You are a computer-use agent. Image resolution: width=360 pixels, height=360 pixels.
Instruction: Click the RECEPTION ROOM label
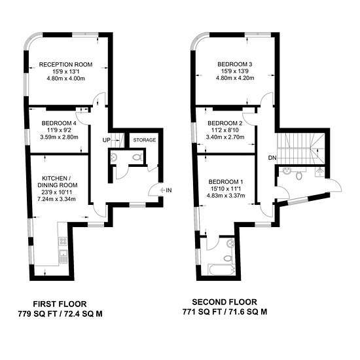click(65, 65)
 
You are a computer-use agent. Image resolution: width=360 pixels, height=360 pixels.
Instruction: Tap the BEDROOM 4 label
click(59, 123)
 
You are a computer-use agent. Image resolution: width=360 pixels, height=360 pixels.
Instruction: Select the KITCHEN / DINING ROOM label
click(57, 181)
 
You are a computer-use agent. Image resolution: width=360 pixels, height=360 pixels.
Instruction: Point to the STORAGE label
click(145, 140)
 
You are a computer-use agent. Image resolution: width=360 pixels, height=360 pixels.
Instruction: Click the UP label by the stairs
click(107, 140)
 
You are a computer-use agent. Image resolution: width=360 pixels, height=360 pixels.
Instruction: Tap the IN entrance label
click(169, 190)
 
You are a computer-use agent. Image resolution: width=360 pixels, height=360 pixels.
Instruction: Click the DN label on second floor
click(272, 158)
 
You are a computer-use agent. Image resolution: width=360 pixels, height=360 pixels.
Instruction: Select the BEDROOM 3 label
click(234, 64)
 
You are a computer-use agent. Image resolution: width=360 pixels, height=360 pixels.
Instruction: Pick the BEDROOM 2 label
click(225, 123)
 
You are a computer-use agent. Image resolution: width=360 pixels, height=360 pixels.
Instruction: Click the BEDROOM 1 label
click(226, 182)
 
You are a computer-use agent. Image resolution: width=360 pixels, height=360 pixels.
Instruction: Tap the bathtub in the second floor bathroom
click(221, 270)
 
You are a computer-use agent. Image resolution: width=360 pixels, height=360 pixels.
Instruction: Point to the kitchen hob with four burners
click(63, 241)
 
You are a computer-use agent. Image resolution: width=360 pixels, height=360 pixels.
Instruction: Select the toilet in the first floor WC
click(137, 157)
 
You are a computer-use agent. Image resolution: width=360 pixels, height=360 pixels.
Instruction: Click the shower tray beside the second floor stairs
click(319, 171)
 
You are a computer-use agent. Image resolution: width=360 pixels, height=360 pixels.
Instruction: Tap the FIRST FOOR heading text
click(60, 304)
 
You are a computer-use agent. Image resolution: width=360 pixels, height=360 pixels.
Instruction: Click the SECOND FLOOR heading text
click(225, 302)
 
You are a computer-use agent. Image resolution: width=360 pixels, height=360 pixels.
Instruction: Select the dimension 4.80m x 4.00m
click(65, 79)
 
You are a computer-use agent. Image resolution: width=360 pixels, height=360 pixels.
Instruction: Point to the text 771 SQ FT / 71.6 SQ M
click(225, 312)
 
